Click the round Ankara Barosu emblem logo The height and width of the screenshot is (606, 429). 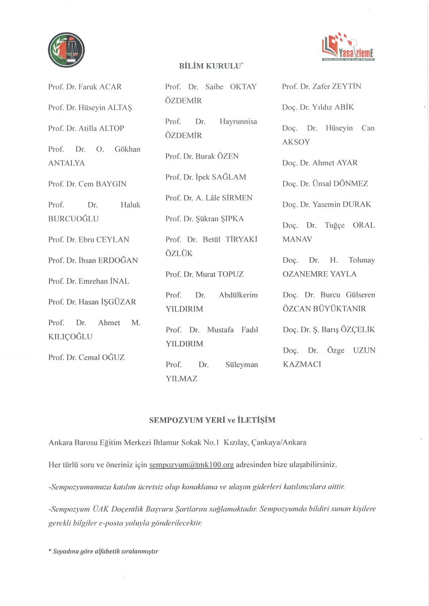(66, 49)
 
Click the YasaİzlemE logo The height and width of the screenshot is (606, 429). (348, 48)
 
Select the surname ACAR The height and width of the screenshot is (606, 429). (110, 87)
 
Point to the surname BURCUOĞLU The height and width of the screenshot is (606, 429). (73, 219)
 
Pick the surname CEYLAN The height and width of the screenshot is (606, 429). (114, 239)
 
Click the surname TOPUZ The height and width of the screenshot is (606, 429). (230, 274)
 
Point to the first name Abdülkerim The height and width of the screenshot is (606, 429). (238, 295)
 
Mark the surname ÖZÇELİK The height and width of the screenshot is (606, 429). (357, 330)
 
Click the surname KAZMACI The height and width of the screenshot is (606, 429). (302, 364)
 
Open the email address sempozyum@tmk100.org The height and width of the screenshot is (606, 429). (192, 464)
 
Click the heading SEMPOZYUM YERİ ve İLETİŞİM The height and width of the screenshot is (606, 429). (212, 420)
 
